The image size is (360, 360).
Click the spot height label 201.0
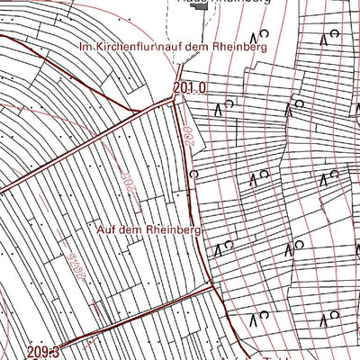point(190,88)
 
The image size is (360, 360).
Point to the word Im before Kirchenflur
point(86,47)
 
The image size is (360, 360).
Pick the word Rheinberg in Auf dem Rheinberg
point(171,229)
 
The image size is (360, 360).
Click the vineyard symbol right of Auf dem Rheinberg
point(223,247)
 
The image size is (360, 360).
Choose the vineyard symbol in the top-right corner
point(328,37)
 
